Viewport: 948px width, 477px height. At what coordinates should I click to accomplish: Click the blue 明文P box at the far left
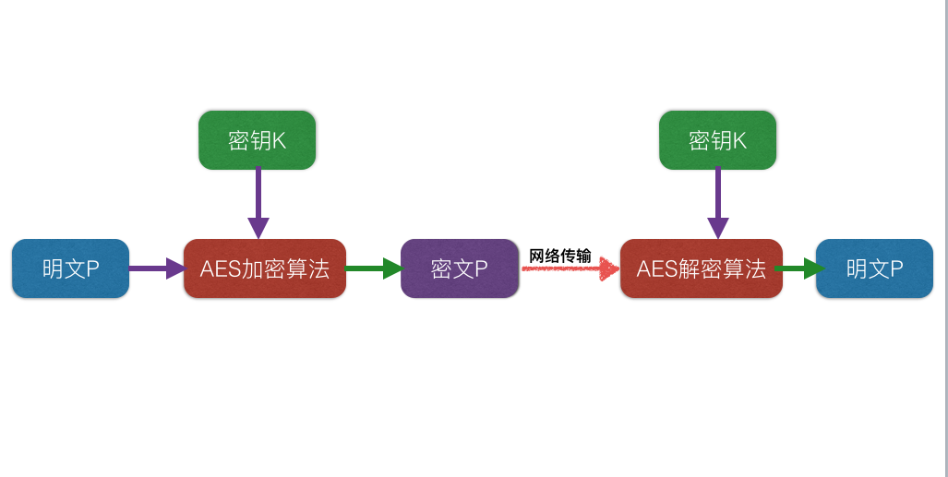point(70,268)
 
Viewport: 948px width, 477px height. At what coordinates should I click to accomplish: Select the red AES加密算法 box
point(264,268)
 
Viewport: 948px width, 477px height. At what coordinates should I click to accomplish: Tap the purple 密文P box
point(460,268)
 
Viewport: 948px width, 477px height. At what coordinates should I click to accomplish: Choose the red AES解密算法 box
point(701,268)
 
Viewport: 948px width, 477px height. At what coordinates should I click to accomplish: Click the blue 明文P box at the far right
point(874,268)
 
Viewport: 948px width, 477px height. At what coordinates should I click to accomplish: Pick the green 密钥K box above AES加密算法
point(257,140)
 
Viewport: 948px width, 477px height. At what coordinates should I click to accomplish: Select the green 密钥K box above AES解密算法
point(717,140)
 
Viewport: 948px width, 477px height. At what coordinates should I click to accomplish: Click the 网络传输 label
point(560,256)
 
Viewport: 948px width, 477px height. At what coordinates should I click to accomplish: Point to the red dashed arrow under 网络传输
point(569,269)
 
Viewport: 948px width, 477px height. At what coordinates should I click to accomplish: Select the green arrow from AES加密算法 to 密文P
point(374,268)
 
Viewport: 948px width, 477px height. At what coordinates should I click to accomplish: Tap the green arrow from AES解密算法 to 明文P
point(799,268)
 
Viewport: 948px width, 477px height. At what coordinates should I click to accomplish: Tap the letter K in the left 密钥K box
point(279,141)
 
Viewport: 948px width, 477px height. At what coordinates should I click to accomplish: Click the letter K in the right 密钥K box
point(738,141)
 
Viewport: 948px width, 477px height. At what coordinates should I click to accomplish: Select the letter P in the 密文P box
point(481,269)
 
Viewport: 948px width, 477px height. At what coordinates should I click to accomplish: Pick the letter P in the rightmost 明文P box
point(896,269)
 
